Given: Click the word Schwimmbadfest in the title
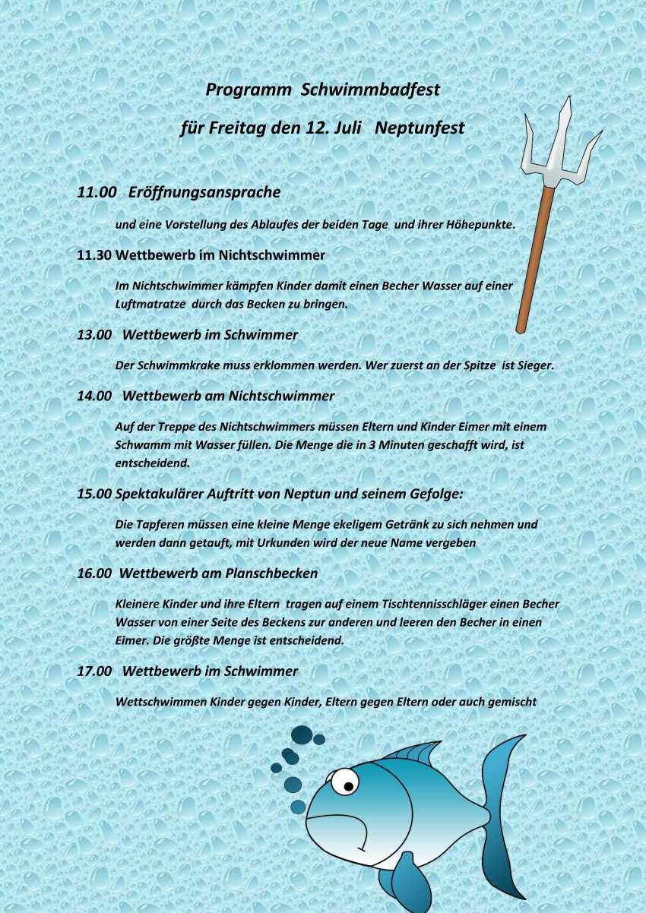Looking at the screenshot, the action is point(370,90).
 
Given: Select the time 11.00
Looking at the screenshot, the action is point(97,193).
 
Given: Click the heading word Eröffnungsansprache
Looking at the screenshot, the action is point(204,193).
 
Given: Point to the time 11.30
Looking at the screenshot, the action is point(94,255).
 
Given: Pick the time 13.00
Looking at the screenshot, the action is point(94,334).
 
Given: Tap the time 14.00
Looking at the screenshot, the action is point(94,396).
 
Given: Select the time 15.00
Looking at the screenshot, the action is point(94,494).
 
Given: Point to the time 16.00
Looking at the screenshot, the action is point(94,573).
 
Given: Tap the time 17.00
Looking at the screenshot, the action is point(94,671).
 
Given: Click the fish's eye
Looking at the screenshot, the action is point(347,781).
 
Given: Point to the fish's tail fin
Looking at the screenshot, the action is point(502,805).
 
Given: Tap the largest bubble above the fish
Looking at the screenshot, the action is point(302,735).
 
